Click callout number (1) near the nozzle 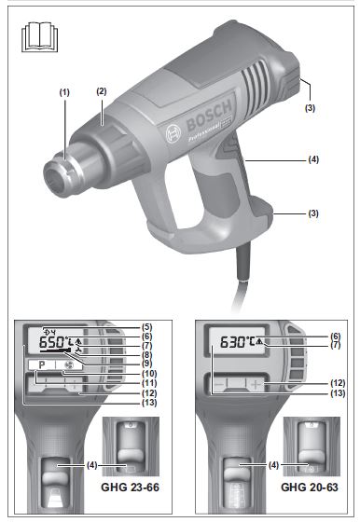coord(64,92)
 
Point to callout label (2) coord(101,91)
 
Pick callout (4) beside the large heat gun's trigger coord(314,160)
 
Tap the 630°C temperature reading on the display coord(236,343)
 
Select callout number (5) coord(147,326)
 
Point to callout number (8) coord(147,354)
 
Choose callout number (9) coord(147,364)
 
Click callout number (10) coord(147,374)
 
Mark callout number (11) coord(147,383)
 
